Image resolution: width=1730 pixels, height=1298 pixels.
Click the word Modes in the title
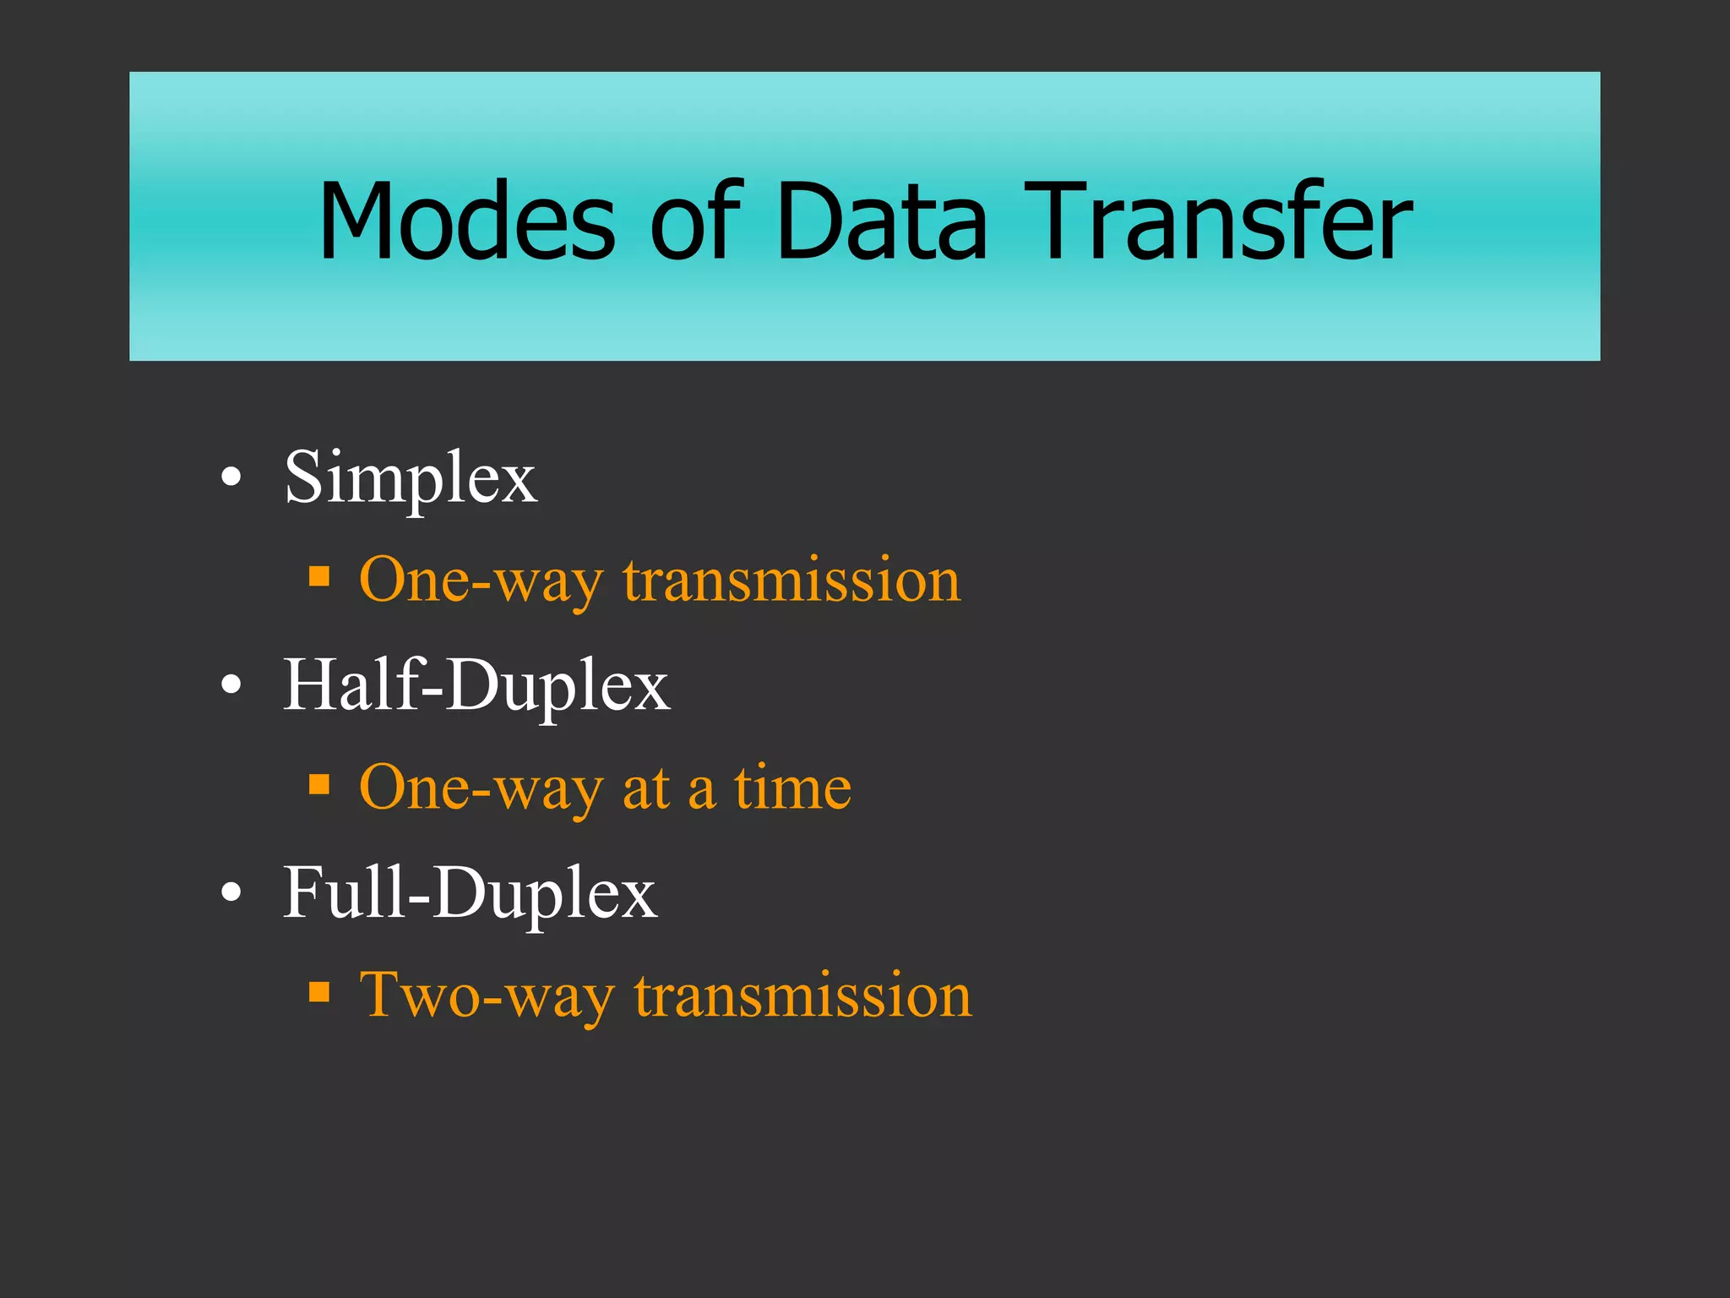coord(467,221)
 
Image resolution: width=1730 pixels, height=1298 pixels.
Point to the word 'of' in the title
coord(694,221)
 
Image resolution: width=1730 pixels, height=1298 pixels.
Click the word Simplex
coord(411,478)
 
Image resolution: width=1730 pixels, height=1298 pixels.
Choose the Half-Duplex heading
coord(476,685)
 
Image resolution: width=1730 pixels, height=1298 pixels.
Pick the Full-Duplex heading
coord(470,893)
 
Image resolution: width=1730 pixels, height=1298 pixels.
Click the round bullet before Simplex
coord(231,478)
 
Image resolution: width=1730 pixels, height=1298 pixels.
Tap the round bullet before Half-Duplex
coord(231,685)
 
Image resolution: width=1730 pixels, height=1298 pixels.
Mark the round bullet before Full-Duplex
coord(231,893)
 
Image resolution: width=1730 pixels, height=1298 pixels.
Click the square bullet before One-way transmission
coord(319,577)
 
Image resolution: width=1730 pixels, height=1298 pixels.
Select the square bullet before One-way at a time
coord(319,785)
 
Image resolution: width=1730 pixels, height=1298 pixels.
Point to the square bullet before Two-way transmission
coord(319,992)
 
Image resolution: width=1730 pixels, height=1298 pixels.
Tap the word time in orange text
coord(792,788)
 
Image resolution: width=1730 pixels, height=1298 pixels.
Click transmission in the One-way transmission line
coord(792,581)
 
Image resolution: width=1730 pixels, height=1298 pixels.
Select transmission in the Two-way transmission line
coord(802,996)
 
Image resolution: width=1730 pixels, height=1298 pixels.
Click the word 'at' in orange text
coord(646,789)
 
